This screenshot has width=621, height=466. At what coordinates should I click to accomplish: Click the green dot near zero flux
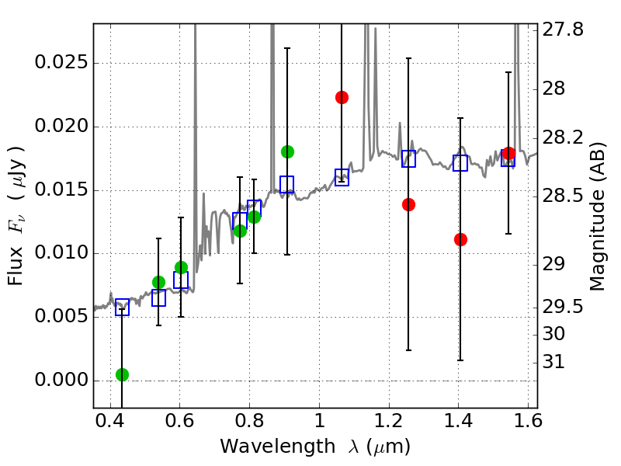[122, 374]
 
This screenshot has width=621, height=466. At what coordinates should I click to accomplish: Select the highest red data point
[342, 97]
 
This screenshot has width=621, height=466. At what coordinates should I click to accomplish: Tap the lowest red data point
[460, 239]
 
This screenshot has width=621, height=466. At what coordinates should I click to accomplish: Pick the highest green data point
[287, 151]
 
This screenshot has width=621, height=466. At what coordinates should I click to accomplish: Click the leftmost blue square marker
[122, 307]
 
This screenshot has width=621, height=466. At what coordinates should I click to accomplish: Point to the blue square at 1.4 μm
[460, 163]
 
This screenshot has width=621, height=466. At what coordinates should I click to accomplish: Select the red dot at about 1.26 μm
[409, 204]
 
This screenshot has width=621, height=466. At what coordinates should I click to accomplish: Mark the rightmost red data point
[508, 153]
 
